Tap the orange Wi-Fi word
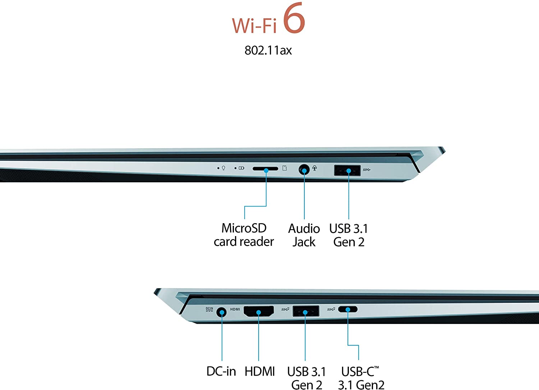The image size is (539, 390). [254, 25]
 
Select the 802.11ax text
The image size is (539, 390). [268, 50]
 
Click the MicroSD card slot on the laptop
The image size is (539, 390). [265, 169]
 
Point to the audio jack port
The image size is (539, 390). [304, 170]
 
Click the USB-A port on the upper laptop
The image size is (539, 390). [347, 170]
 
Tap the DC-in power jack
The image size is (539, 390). [222, 313]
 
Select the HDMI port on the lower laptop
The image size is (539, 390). [259, 311]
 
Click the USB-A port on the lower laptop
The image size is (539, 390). [306, 311]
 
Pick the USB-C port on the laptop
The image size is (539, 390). [348, 309]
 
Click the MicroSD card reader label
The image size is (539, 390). [244, 235]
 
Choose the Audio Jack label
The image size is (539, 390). [304, 235]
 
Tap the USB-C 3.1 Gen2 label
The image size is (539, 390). [361, 378]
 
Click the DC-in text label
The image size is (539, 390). [221, 371]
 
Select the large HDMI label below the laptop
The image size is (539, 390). [260, 371]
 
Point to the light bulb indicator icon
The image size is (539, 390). [223, 168]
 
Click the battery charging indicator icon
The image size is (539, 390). [241, 168]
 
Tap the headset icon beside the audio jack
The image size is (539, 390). [314, 168]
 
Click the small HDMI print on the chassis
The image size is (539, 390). [235, 309]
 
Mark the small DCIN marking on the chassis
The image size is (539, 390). [209, 309]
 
